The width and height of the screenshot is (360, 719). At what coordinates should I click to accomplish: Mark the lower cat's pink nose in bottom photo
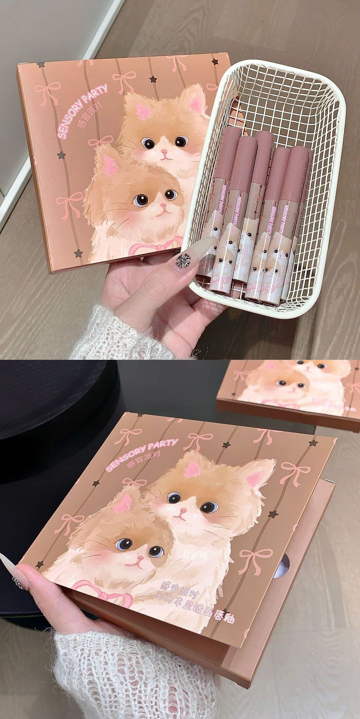click(139, 559)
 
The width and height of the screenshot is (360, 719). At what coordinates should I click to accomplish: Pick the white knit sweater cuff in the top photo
click(112, 333)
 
